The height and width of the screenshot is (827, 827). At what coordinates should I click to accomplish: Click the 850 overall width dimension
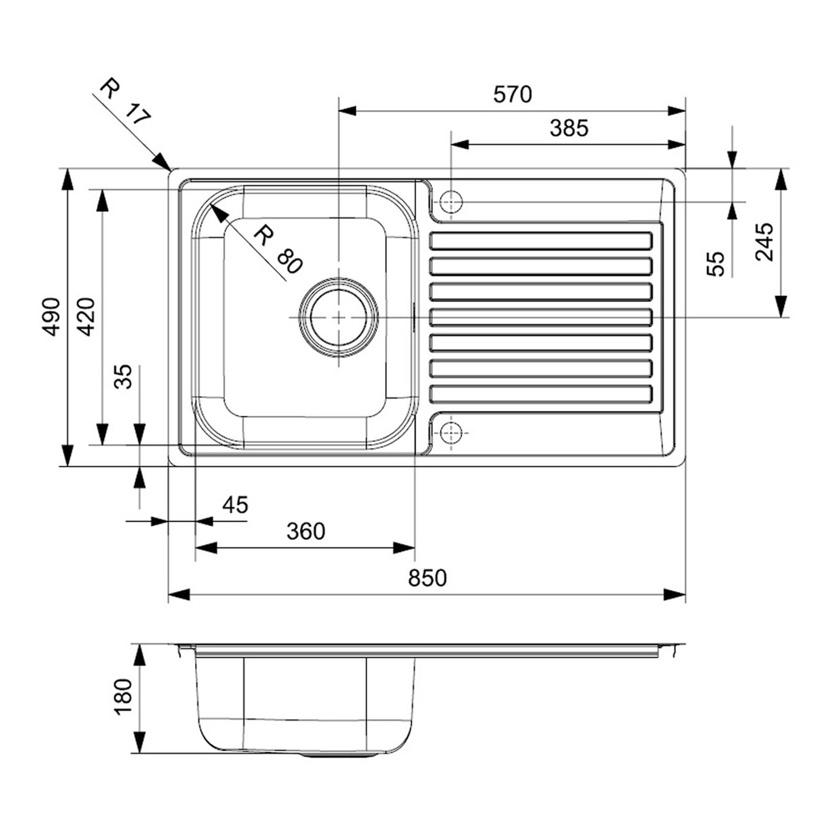coord(427,578)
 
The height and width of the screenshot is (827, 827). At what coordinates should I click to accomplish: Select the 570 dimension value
coord(511,94)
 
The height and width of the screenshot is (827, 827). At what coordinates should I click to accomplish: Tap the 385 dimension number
coord(569,128)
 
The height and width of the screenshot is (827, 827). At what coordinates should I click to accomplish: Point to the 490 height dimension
coord(52,317)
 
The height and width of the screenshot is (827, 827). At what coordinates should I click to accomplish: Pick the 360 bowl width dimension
coord(305,530)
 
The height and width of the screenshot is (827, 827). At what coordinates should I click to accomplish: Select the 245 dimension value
coord(764,243)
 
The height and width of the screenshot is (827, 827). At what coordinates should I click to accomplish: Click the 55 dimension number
coord(716,264)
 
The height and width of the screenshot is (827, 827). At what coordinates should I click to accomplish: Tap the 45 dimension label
coord(235,504)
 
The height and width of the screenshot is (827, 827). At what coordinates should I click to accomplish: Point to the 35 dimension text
coord(124,378)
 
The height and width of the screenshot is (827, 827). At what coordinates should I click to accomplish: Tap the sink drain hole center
coord(338,318)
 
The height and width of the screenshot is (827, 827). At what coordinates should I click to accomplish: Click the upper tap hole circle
coord(450,202)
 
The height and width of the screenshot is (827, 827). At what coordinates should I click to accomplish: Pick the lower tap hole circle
coord(450,432)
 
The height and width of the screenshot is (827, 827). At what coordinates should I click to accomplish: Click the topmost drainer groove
coord(540,242)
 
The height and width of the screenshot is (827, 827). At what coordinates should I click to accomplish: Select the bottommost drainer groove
coord(540,393)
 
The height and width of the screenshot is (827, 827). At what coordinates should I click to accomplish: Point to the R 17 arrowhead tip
coord(170,169)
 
